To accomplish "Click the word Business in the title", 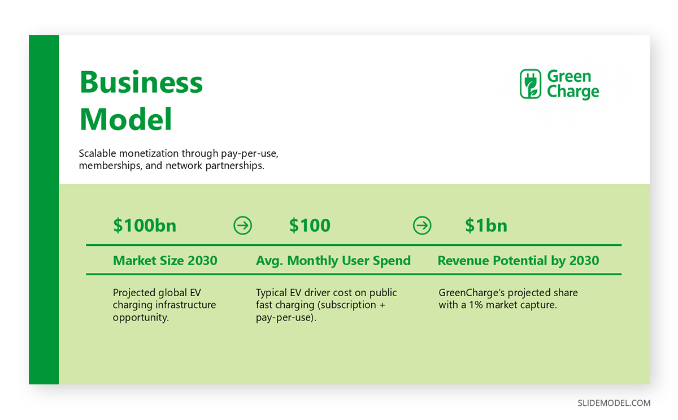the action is pyautogui.click(x=141, y=82).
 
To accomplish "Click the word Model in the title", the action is pyautogui.click(x=125, y=119).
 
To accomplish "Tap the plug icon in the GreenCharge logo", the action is pyautogui.click(x=531, y=84).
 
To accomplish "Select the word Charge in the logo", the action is pyautogui.click(x=573, y=92).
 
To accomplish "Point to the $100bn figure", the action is pyautogui.click(x=145, y=226).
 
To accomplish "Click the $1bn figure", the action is pyautogui.click(x=486, y=226).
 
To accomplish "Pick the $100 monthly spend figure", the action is pyautogui.click(x=310, y=226).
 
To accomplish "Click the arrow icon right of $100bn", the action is pyautogui.click(x=242, y=226).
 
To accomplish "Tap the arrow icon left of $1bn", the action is pyautogui.click(x=422, y=226).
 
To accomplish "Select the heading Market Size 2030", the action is pyautogui.click(x=165, y=261).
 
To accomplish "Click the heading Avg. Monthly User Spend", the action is pyautogui.click(x=333, y=261).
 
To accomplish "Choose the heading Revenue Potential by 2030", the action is pyautogui.click(x=518, y=261).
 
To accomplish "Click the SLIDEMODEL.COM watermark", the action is pyautogui.click(x=614, y=403).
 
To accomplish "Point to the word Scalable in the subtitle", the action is pyautogui.click(x=97, y=153).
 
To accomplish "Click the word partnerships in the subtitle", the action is pyautogui.click(x=235, y=166).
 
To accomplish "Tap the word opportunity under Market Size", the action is pyautogui.click(x=141, y=318).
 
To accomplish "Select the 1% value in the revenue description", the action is pyautogui.click(x=476, y=305).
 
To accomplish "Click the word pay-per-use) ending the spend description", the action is pyautogui.click(x=286, y=318).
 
